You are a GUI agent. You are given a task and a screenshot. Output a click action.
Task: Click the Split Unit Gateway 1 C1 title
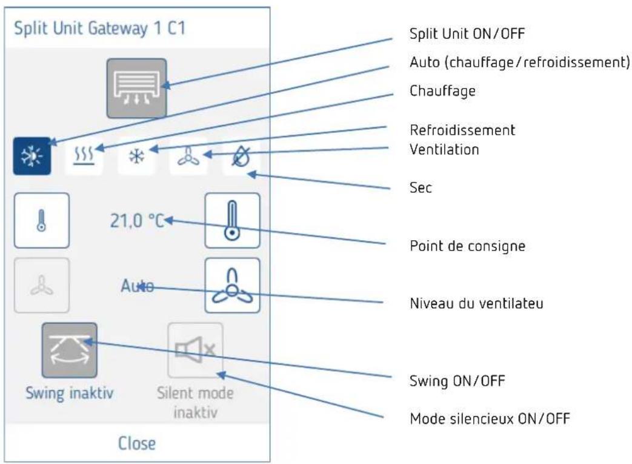99,29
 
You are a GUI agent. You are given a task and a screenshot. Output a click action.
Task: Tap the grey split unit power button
136,89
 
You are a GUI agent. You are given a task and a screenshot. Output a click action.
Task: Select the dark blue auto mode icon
32,156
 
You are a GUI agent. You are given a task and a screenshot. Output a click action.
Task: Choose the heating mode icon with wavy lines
84,156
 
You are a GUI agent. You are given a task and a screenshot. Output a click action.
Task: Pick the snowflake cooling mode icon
136,156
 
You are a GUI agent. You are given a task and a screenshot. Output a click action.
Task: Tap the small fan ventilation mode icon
188,156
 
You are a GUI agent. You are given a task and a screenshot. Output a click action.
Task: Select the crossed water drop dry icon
241,156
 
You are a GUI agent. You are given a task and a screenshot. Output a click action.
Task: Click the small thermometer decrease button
42,220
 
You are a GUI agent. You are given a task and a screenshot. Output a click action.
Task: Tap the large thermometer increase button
232,220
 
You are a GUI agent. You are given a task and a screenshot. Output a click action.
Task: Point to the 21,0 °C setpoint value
136,221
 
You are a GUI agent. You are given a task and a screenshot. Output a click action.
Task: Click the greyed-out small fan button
42,285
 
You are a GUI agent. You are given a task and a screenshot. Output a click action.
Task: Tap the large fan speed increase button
232,285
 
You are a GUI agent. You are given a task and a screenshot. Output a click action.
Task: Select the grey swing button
70,350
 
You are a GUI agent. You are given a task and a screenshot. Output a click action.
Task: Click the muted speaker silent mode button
196,350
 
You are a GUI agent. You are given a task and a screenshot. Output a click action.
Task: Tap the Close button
136,443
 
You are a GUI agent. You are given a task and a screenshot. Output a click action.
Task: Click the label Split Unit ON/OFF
467,33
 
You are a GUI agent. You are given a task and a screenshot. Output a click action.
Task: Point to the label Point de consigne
468,246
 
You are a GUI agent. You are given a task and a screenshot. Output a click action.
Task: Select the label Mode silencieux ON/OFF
490,419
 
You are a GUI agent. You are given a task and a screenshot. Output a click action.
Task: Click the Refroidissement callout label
462,130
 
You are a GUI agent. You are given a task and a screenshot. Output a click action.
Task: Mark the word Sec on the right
421,187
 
